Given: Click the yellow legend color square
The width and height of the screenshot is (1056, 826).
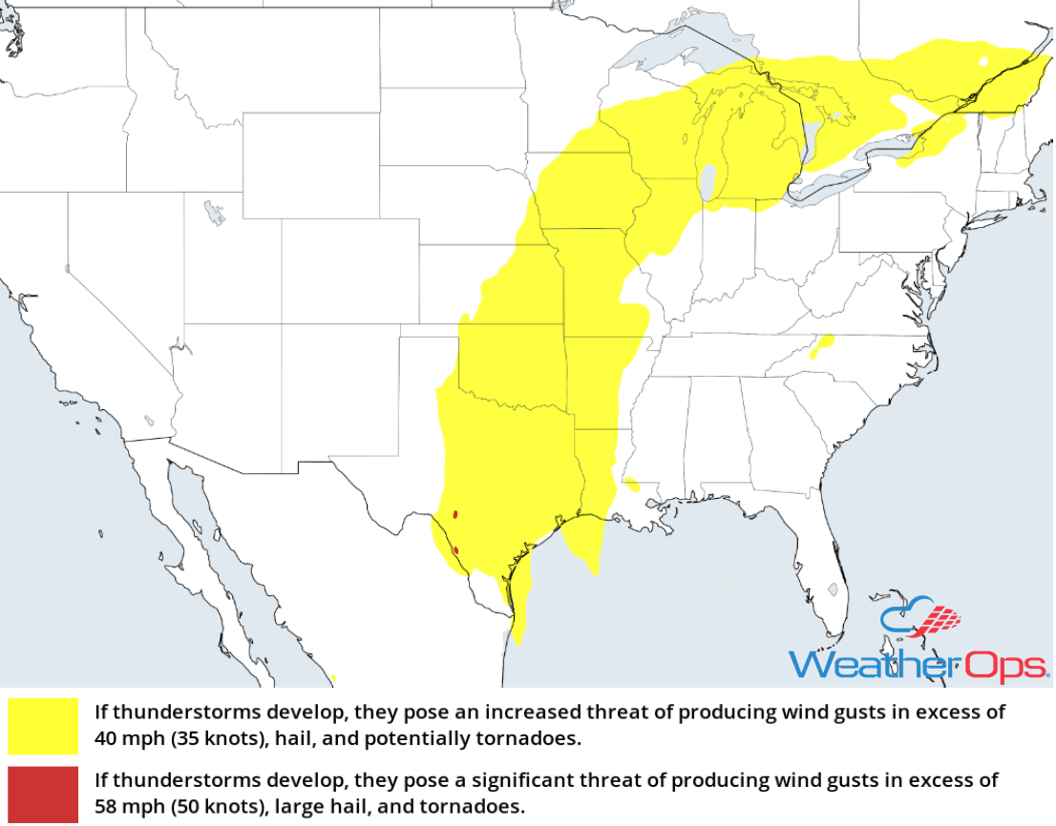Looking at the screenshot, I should (43, 726).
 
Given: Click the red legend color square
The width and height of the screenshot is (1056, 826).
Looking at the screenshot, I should (43, 793).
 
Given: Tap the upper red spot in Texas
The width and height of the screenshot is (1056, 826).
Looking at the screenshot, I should (455, 515).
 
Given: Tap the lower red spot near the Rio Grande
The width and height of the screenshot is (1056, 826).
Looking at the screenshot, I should (455, 550).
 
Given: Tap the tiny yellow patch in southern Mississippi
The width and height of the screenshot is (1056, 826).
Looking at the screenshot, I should (631, 484).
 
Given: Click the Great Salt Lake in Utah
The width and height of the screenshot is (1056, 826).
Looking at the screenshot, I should (215, 212).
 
